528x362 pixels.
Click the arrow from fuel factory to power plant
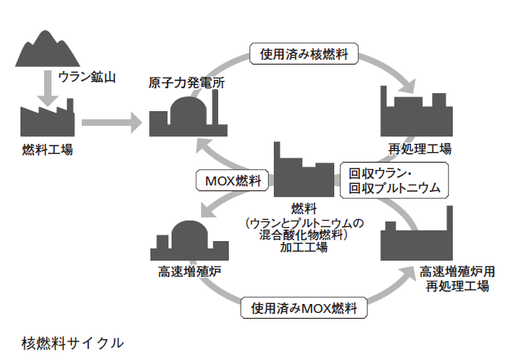click(110, 123)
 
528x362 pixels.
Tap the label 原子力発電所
click(182, 83)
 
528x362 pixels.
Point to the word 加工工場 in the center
click(303, 247)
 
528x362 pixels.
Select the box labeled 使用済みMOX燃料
click(304, 309)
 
